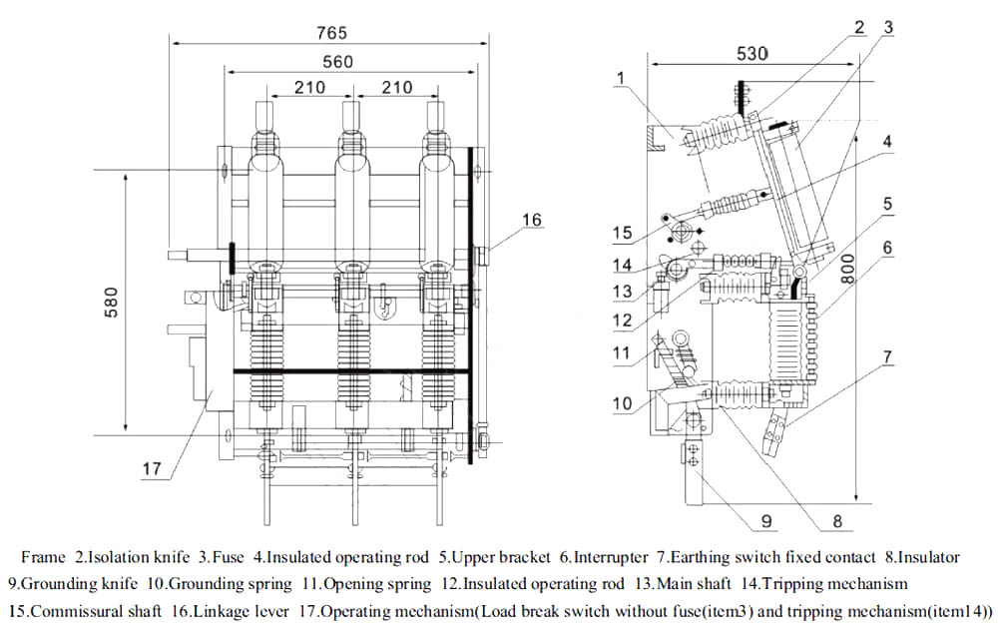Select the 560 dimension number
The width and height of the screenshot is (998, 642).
point(337,62)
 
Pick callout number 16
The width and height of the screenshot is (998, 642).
point(532,220)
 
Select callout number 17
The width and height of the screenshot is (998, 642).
point(152,468)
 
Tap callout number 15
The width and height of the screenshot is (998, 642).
point(623,233)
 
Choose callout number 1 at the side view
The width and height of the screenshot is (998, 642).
point(621,76)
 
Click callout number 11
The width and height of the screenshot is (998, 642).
point(622,352)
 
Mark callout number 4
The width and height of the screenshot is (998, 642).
point(885,142)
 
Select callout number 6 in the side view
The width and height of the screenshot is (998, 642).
point(887,246)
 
